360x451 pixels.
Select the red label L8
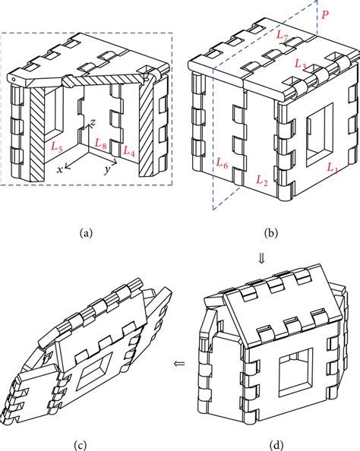[98, 143]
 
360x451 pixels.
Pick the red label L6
[223, 162]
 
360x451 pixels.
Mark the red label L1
[332, 166]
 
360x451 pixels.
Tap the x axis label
[59, 171]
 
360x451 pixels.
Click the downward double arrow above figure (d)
[262, 259]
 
